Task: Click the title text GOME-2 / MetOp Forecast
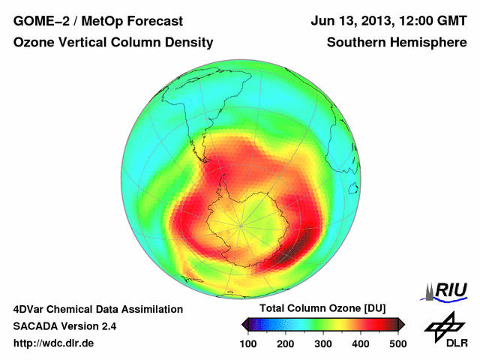[97, 20]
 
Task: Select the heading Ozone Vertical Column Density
[113, 43]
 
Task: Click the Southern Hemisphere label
[397, 43]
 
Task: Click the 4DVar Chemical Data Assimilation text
[97, 309]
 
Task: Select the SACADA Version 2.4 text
[64, 326]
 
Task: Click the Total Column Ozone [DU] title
[322, 309]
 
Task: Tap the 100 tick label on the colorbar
[249, 343]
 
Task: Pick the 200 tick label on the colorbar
[286, 343]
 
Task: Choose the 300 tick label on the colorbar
[322, 343]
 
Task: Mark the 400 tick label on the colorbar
[360, 343]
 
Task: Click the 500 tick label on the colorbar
[397, 343]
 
